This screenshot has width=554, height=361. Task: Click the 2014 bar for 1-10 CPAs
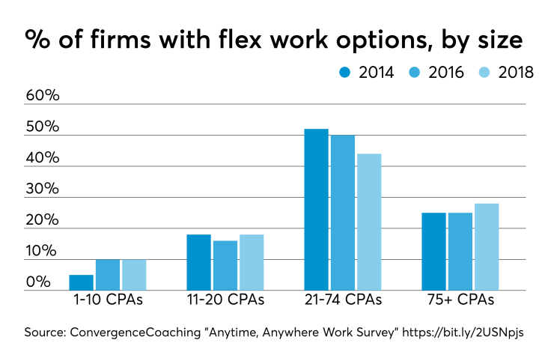pos(81,282)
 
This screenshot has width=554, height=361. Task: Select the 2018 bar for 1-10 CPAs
pos(134,275)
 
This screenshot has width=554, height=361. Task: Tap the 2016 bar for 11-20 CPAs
pos(225,265)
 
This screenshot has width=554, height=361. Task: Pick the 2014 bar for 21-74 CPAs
pos(316,210)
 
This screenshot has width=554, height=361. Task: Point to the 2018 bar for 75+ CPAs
pos(487,247)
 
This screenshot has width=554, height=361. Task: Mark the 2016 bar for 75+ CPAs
pos(460,252)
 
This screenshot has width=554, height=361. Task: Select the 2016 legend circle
pos(414,73)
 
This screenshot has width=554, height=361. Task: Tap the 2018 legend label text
pos(516,73)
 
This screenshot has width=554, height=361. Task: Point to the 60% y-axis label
pos(43,97)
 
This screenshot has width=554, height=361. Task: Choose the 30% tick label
pos(43,189)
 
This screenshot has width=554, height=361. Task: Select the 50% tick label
pos(43,127)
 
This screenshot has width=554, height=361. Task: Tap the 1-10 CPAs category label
pos(107,300)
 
